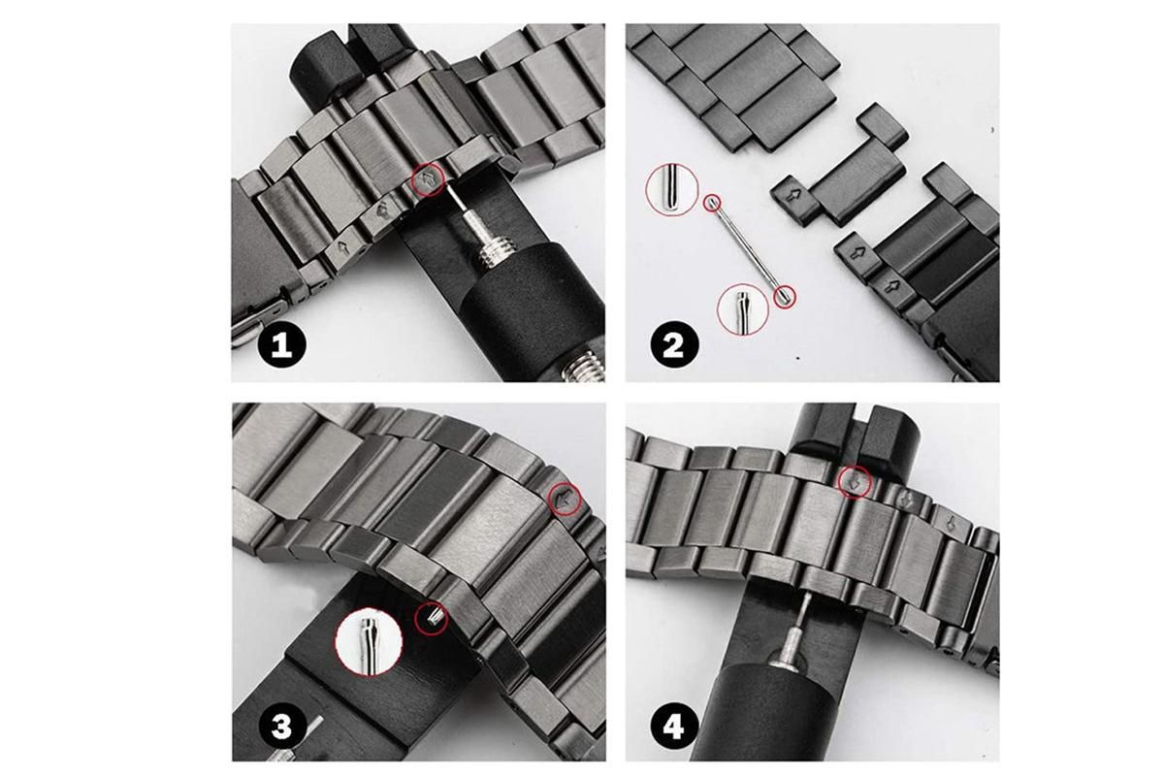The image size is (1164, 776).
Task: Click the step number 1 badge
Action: (x=282, y=343)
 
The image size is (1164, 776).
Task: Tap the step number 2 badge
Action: (x=674, y=344)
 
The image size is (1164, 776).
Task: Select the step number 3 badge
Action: (x=281, y=726)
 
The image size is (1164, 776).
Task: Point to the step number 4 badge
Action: (x=674, y=726)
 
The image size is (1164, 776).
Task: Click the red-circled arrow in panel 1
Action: (x=429, y=179)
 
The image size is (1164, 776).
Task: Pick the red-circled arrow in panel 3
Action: (x=566, y=500)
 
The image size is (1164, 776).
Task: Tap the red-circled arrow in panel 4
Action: (x=856, y=483)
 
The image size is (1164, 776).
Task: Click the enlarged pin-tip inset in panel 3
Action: (x=369, y=641)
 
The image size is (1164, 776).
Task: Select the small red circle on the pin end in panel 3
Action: (x=431, y=619)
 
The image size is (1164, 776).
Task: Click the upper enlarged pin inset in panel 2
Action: (x=672, y=189)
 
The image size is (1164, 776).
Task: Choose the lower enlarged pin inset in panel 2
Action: (x=743, y=308)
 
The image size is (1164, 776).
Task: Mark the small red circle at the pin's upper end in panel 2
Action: (x=712, y=202)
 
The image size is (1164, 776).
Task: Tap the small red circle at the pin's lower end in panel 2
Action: (x=785, y=297)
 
